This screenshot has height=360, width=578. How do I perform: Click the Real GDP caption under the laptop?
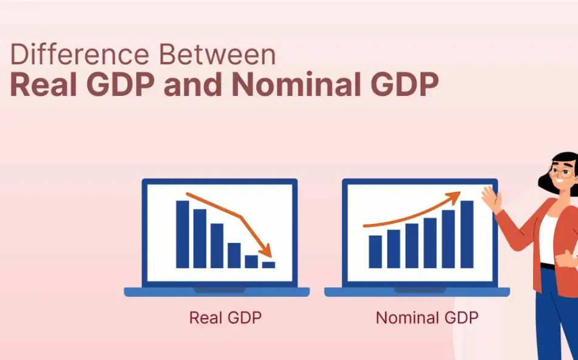click(x=225, y=318)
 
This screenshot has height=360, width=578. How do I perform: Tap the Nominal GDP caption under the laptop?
click(x=427, y=318)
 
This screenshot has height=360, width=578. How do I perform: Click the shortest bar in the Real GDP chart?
click(x=268, y=265)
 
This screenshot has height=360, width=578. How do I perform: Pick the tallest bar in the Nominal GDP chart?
click(x=467, y=234)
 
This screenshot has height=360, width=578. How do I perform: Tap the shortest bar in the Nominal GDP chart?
click(x=375, y=251)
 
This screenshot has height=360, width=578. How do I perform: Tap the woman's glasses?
click(x=563, y=172)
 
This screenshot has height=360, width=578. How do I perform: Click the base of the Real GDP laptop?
click(x=217, y=292)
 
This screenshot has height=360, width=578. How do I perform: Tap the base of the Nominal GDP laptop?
click(x=417, y=292)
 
